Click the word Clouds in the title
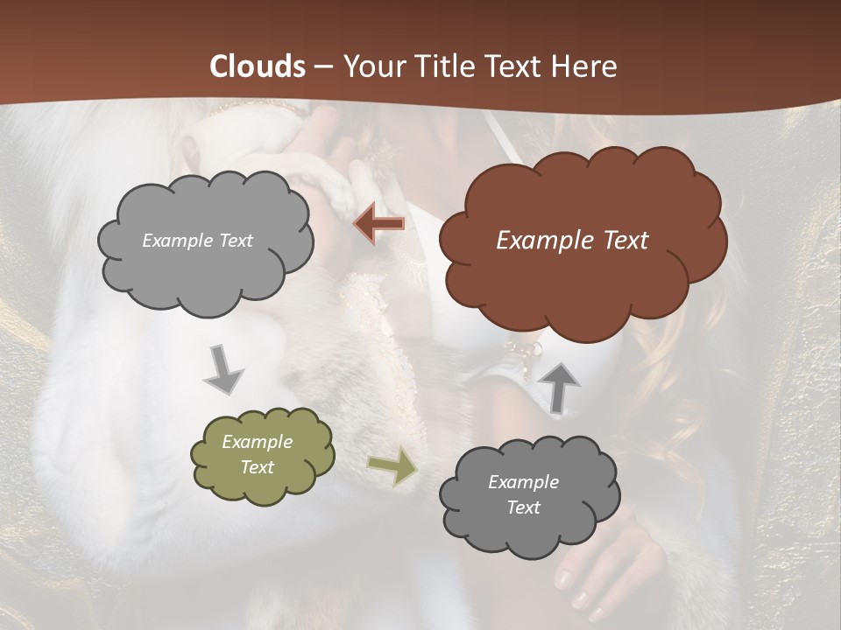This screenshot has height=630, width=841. pyautogui.click(x=257, y=66)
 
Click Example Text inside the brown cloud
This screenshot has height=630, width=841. pyautogui.click(x=572, y=241)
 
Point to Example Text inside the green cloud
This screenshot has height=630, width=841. pyautogui.click(x=258, y=455)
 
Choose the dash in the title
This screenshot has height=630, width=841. pyautogui.click(x=323, y=66)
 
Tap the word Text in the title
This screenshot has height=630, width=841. pyautogui.click(x=514, y=66)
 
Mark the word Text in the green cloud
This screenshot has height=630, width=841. pyautogui.click(x=258, y=468)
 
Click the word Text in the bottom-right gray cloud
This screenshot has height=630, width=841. pyautogui.click(x=524, y=508)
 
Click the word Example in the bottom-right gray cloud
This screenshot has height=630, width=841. pyautogui.click(x=524, y=482)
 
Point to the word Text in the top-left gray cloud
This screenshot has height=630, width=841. pyautogui.click(x=236, y=241)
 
